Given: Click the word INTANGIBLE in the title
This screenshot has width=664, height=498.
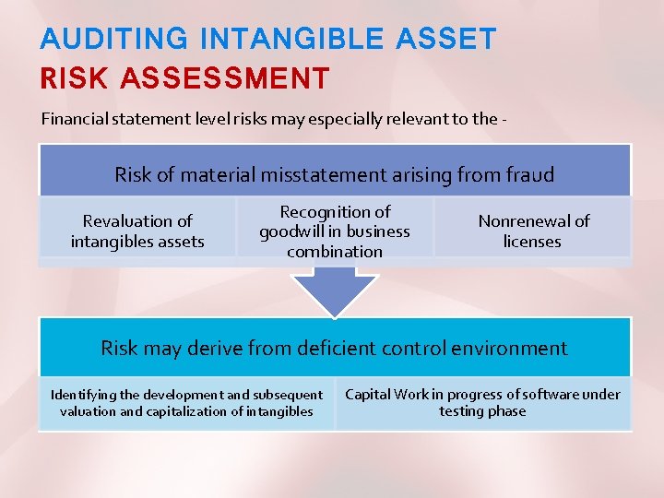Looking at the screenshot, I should pyautogui.click(x=290, y=39).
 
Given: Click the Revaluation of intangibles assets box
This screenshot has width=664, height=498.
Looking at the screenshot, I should pyautogui.click(x=137, y=231).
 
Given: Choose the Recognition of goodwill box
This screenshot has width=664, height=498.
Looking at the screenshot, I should pyautogui.click(x=335, y=231).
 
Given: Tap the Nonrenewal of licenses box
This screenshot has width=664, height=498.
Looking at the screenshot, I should pyautogui.click(x=532, y=231).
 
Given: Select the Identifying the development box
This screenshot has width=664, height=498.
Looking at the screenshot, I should pyautogui.click(x=186, y=403).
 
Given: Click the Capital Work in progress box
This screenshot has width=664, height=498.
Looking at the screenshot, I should pyautogui.click(x=482, y=403).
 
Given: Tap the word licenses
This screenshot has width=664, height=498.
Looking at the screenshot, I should pyautogui.click(x=532, y=242).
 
